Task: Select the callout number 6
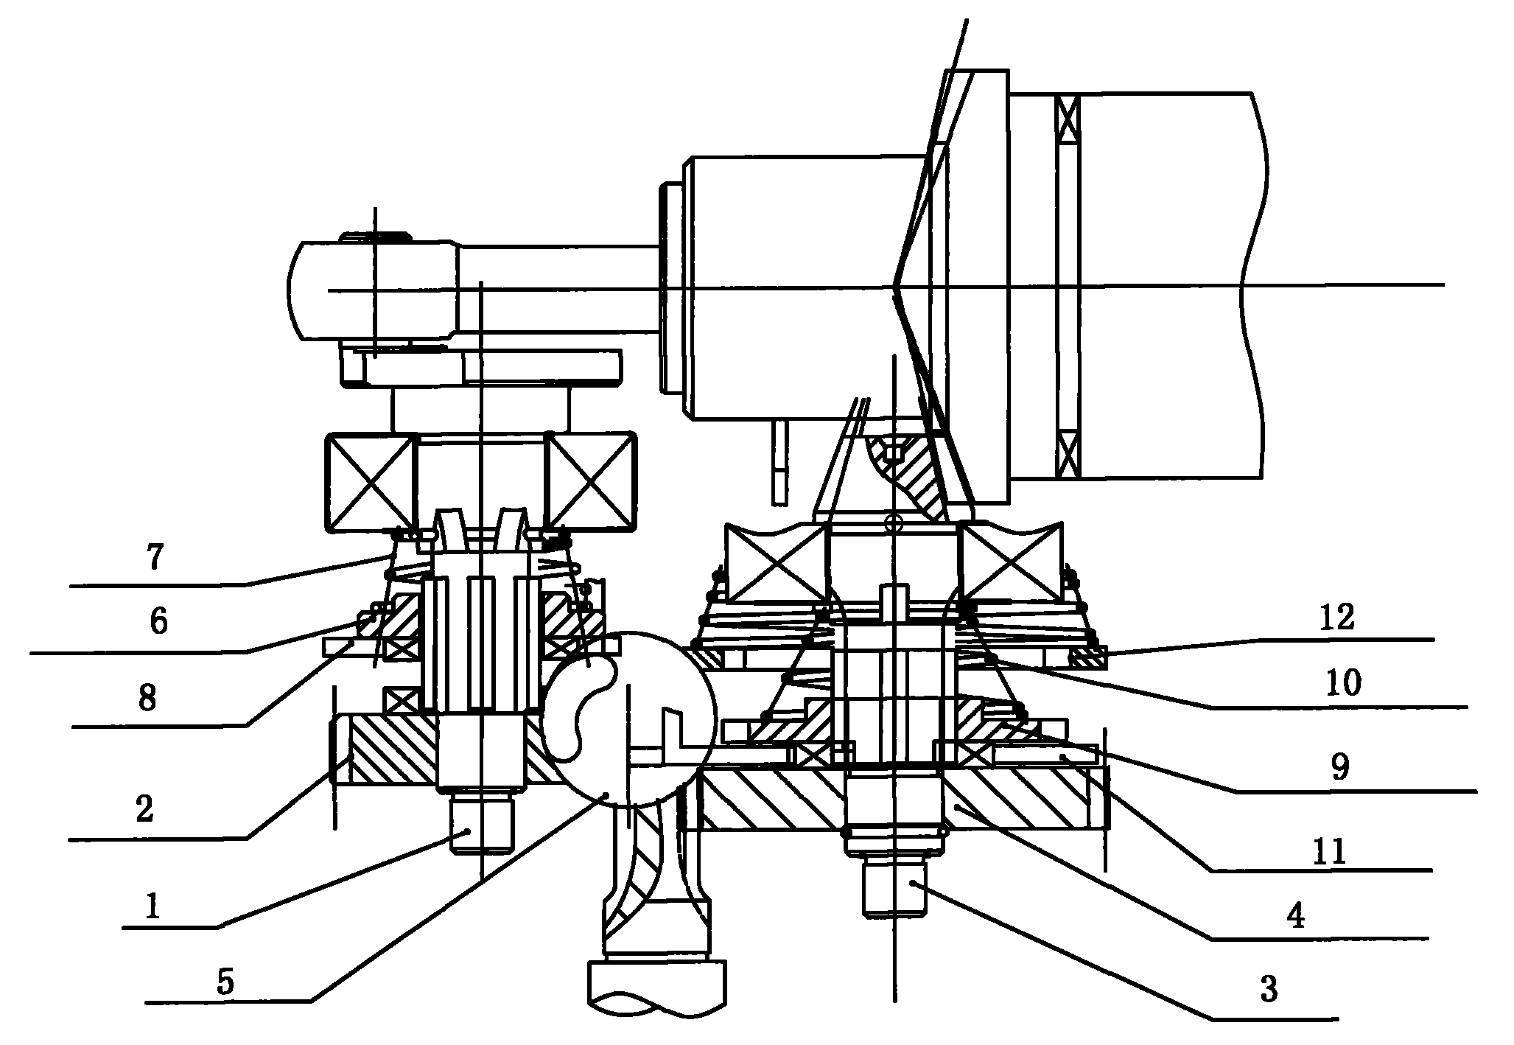click(158, 622)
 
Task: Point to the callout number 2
click(144, 810)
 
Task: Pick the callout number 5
click(225, 983)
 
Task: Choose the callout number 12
click(1337, 618)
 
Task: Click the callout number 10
click(1343, 685)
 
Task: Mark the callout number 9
click(1339, 769)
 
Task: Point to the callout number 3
click(1269, 990)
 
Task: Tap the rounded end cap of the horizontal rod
click(299, 290)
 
